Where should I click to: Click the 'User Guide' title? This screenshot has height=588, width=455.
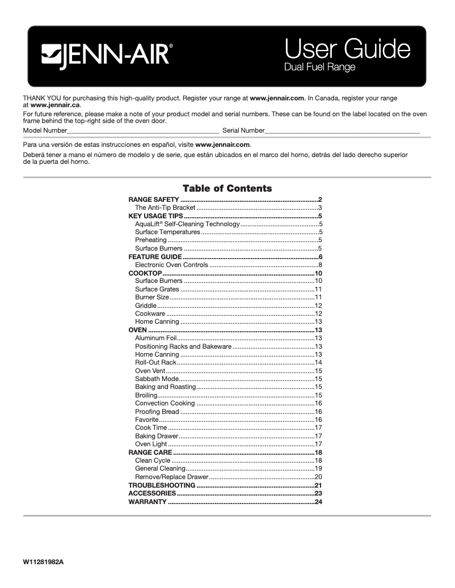(347, 50)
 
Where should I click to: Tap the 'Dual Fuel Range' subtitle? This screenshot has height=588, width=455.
(319, 67)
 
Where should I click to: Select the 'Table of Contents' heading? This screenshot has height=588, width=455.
(227, 188)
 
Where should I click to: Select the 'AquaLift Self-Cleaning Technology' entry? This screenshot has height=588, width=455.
(187, 224)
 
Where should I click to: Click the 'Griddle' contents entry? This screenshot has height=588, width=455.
(145, 306)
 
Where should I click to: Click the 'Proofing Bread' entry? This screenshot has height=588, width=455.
(157, 412)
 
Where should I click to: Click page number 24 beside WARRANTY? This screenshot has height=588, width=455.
(318, 502)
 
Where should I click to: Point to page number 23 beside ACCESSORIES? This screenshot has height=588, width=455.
(318, 493)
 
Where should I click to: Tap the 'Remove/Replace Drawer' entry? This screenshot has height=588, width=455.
(163, 477)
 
